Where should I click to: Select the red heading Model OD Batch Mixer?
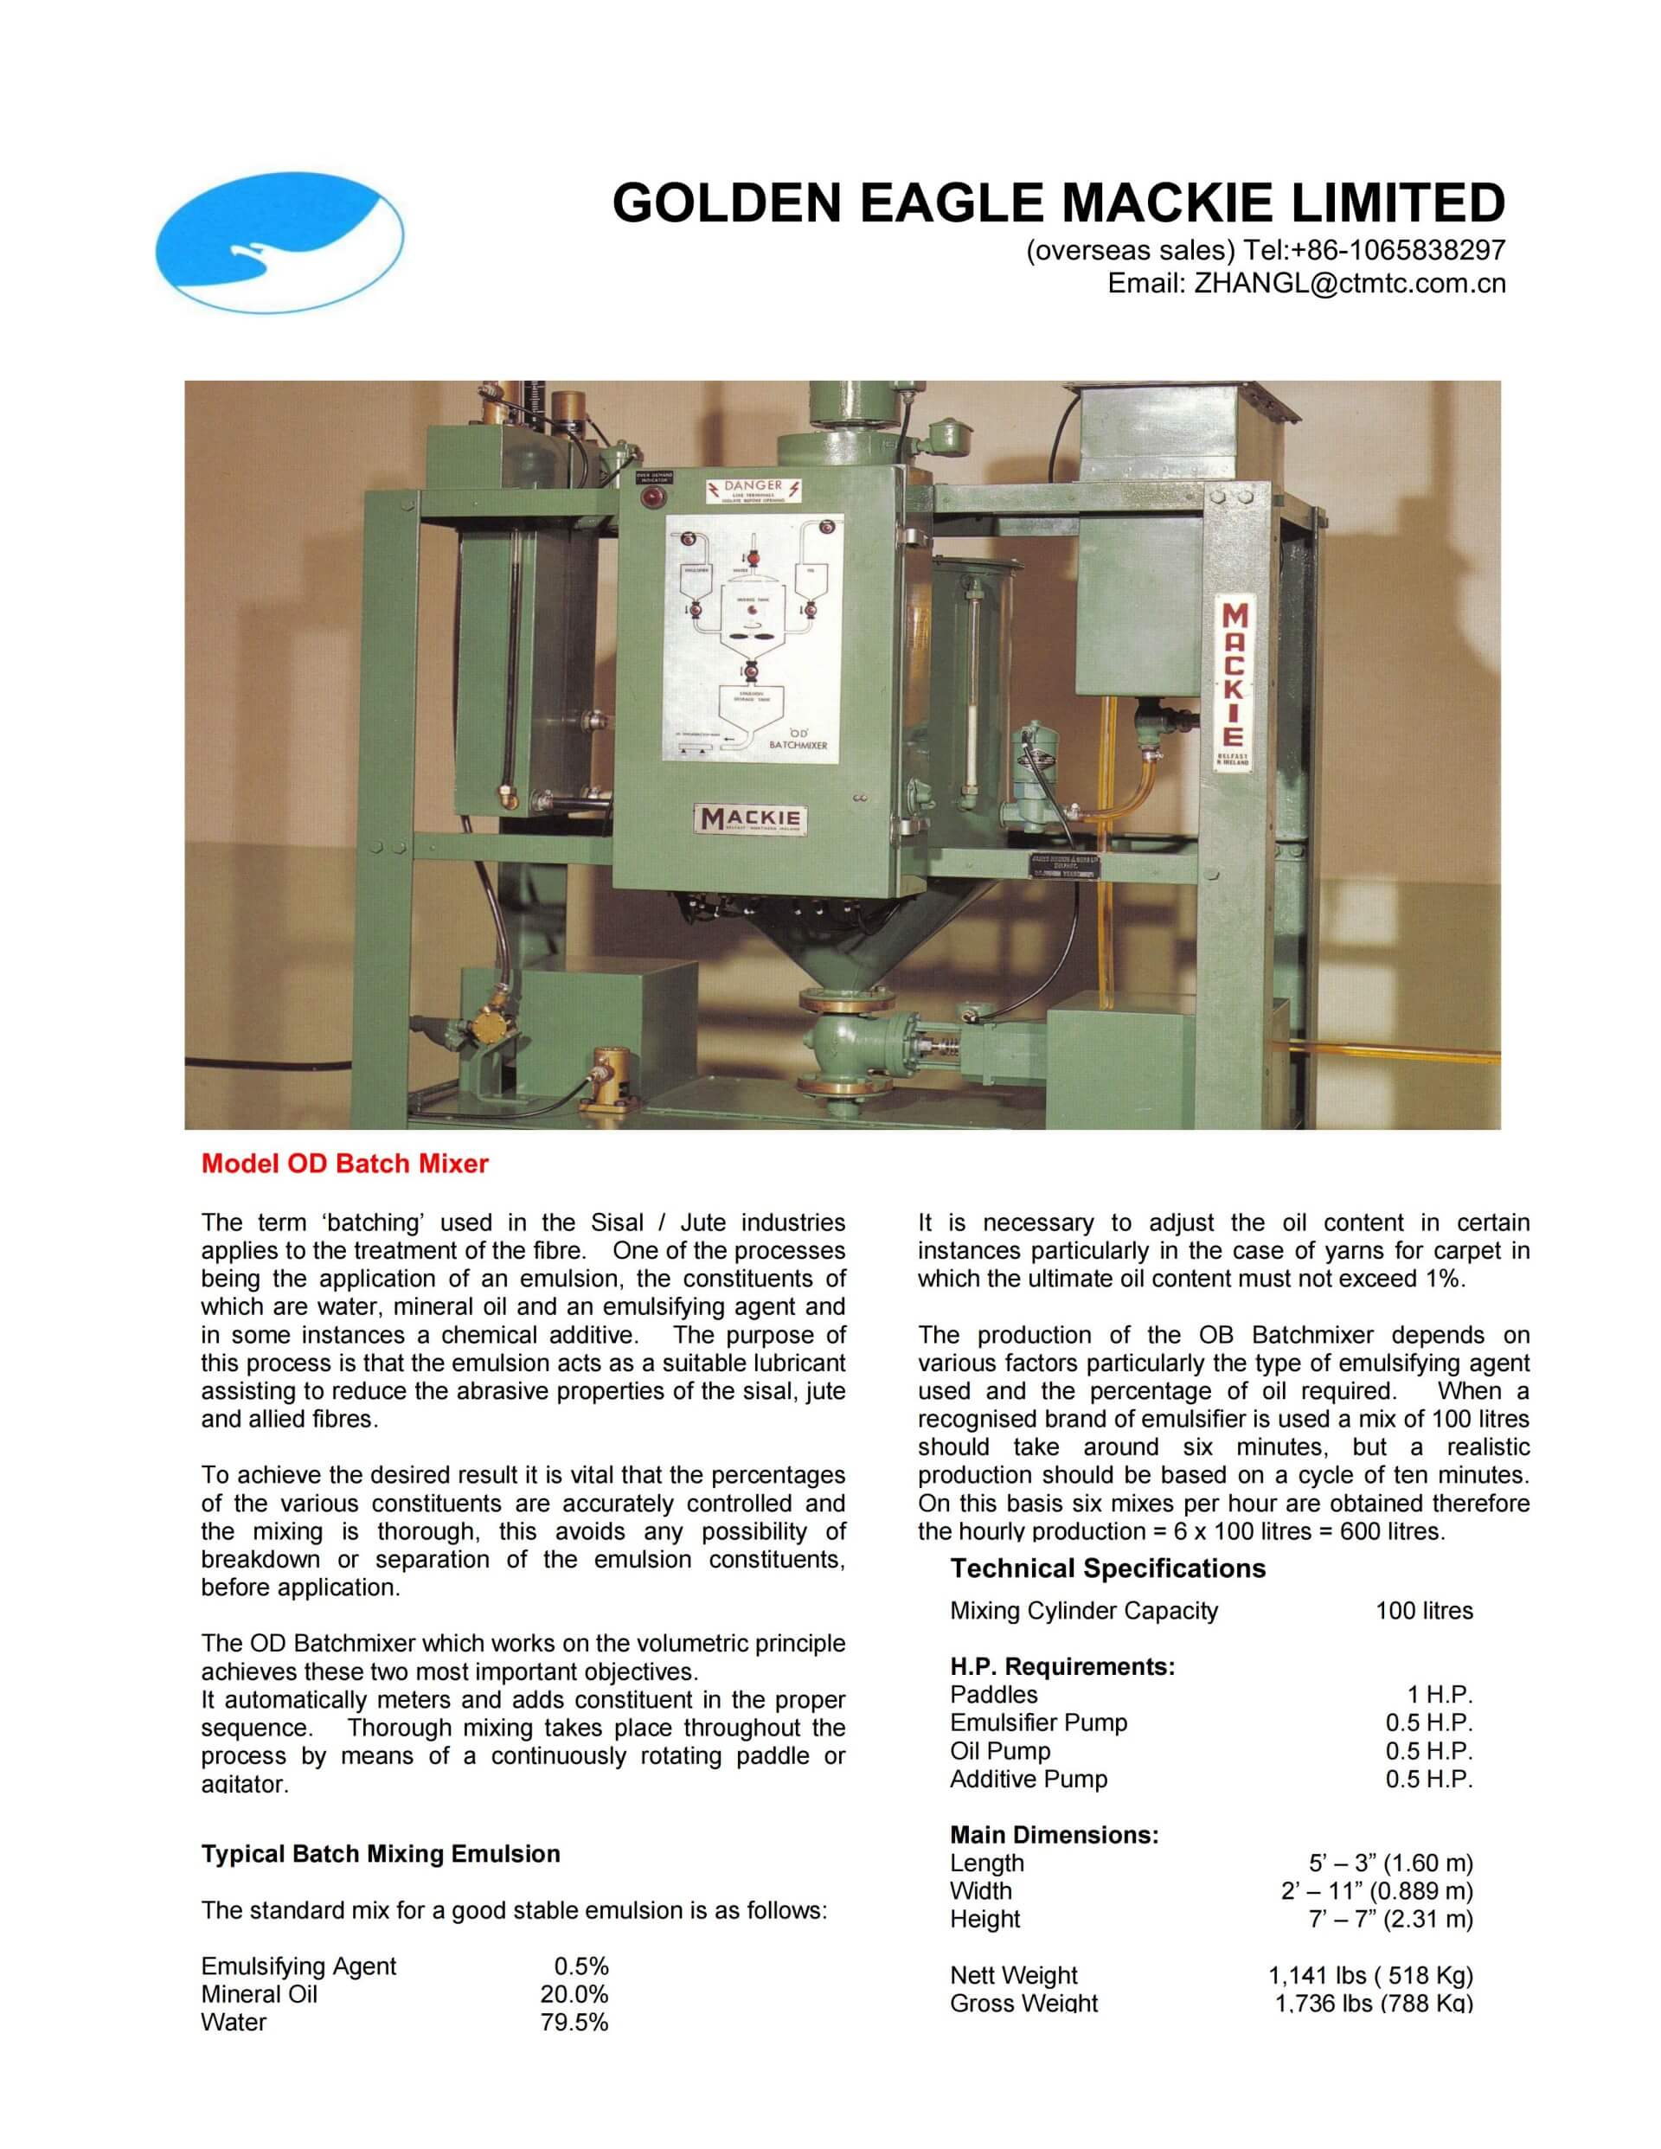(x=344, y=1164)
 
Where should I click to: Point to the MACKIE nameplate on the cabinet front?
(x=750, y=818)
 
